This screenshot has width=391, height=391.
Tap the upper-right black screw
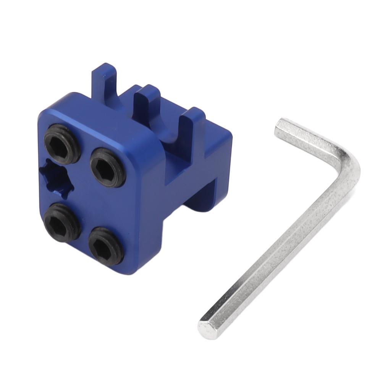point(108,167)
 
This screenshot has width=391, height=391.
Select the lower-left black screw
point(61,222)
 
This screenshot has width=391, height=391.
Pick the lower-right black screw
point(106,246)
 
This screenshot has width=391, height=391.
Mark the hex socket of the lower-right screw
point(106,246)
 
